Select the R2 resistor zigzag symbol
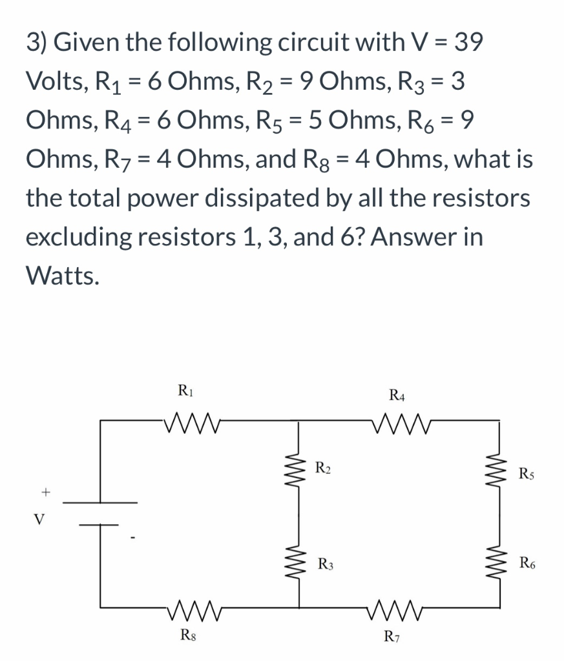coord(298,467)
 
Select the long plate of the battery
coord(100,502)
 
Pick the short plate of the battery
coord(100,524)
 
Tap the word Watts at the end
coord(63,276)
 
